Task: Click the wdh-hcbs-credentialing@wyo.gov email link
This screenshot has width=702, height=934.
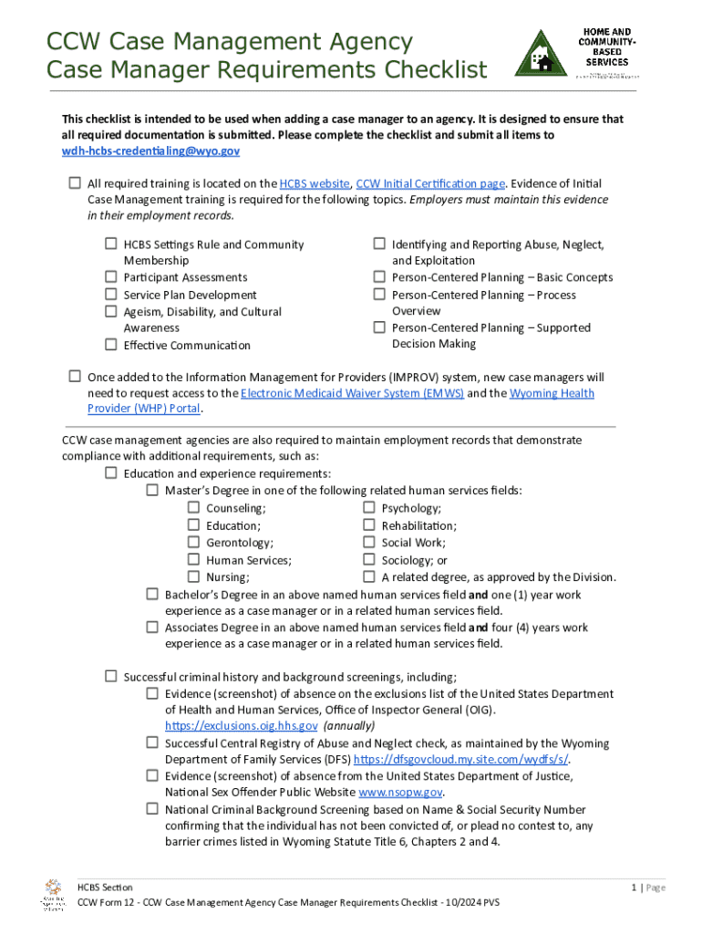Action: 150,151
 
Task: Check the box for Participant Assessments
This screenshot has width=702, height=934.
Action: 110,277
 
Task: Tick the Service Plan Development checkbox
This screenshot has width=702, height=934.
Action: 110,295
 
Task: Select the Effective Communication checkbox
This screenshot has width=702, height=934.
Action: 110,345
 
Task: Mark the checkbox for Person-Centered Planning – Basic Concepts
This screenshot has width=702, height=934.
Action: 378,277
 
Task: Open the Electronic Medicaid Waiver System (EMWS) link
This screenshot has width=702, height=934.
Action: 352,393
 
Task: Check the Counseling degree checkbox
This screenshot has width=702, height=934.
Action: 193,508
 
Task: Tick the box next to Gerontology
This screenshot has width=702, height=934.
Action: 193,543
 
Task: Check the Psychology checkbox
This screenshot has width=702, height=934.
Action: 368,508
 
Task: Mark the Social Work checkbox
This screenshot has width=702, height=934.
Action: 368,543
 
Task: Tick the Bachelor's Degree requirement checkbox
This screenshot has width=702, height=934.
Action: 152,595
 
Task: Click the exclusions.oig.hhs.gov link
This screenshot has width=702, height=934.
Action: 241,726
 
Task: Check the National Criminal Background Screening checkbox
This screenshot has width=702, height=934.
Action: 152,809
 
